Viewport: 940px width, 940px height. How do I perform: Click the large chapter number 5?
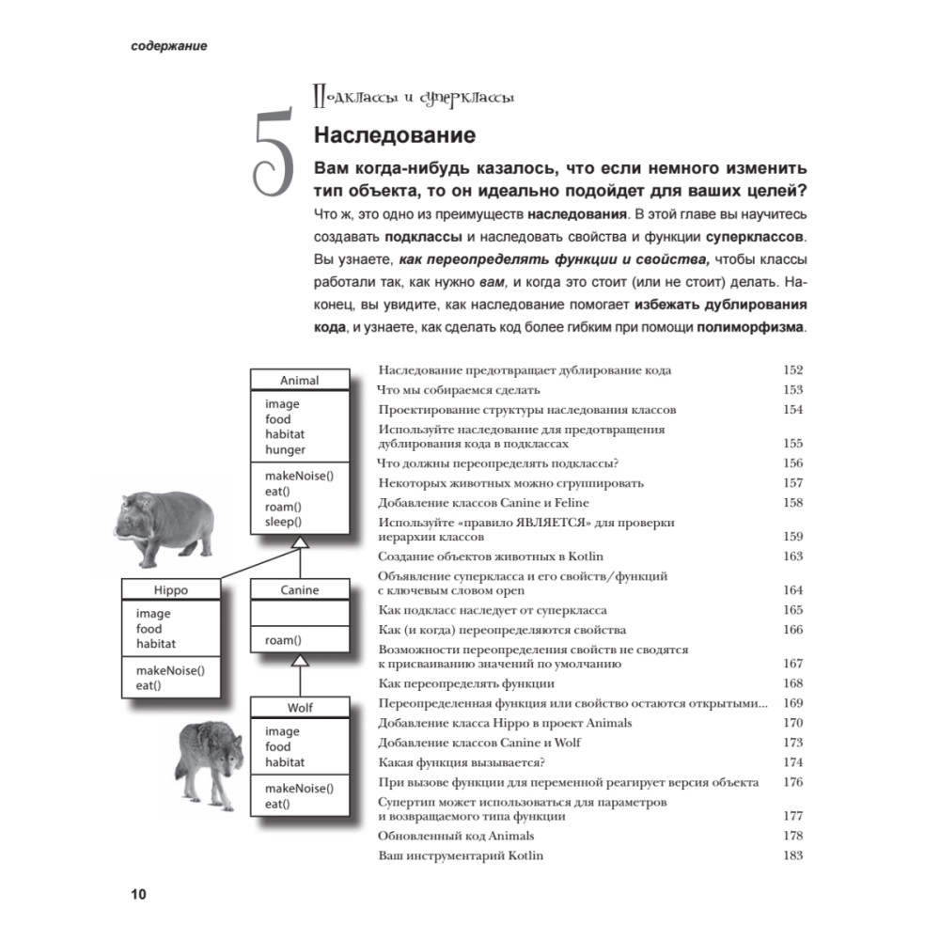point(269,155)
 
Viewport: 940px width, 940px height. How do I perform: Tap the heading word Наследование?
point(394,135)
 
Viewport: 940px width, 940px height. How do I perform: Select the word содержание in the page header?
point(169,46)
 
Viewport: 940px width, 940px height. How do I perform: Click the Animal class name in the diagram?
point(299,381)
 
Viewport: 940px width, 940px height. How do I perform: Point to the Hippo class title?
point(170,590)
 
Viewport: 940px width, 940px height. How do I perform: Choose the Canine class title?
point(299,590)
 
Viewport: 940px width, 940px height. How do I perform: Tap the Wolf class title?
point(299,708)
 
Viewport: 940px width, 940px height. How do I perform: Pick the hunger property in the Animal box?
point(285,450)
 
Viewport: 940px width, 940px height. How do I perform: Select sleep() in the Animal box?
point(283,522)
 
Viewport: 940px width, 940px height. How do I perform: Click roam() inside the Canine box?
point(283,640)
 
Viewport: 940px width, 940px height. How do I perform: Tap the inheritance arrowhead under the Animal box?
point(299,543)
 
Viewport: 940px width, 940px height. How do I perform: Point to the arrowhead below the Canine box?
point(299,661)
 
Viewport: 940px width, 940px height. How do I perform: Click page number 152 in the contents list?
point(792,370)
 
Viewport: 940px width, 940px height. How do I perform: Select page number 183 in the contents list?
point(792,856)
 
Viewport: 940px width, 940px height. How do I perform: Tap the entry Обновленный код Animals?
point(455,836)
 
